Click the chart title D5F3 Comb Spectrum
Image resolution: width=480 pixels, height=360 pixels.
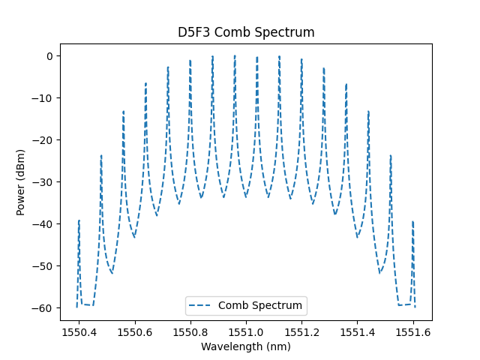click(x=246, y=32)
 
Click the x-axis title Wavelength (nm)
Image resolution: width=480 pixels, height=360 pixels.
click(x=246, y=346)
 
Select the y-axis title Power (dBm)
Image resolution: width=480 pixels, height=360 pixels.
click(x=21, y=182)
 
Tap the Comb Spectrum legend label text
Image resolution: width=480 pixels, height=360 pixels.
click(x=260, y=305)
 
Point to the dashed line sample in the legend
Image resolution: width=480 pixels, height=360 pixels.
click(x=202, y=306)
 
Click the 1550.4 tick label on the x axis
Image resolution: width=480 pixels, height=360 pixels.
click(x=79, y=331)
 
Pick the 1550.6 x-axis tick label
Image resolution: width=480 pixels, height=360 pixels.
click(x=135, y=331)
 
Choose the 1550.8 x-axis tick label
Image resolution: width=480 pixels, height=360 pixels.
click(x=190, y=331)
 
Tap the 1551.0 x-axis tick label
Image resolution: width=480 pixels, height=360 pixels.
click(x=246, y=331)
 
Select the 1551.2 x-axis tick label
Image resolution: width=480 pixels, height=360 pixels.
click(x=301, y=331)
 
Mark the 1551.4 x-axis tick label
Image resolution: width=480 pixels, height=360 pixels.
click(x=358, y=331)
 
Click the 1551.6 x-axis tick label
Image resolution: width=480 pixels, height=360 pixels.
click(x=413, y=331)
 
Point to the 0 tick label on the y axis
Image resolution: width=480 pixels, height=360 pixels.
click(x=49, y=56)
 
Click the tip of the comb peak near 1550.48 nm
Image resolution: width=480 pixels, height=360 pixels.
click(x=101, y=155)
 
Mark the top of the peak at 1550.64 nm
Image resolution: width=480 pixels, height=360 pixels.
click(x=145, y=83)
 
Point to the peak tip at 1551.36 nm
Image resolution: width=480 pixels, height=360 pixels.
click(x=346, y=83)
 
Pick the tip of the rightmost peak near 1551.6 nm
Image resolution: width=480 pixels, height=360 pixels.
click(x=412, y=221)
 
